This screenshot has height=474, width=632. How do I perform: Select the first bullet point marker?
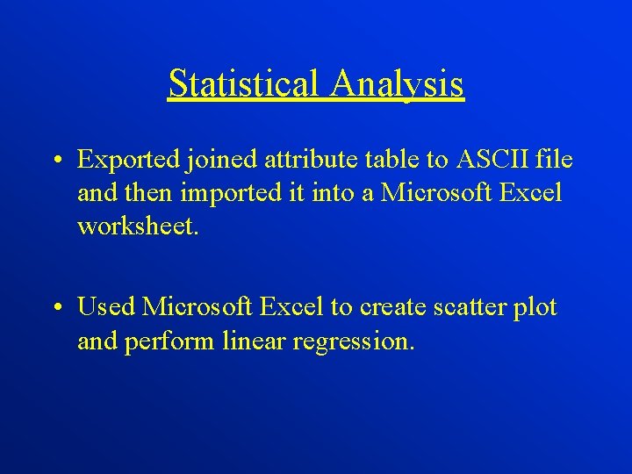click(x=55, y=161)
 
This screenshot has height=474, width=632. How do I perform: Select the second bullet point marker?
click(x=55, y=308)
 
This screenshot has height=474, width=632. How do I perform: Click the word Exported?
click(x=129, y=160)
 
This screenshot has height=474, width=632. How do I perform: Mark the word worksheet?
click(x=138, y=226)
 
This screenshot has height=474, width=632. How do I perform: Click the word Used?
click(x=106, y=307)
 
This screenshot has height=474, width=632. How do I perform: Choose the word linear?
click(x=250, y=341)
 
